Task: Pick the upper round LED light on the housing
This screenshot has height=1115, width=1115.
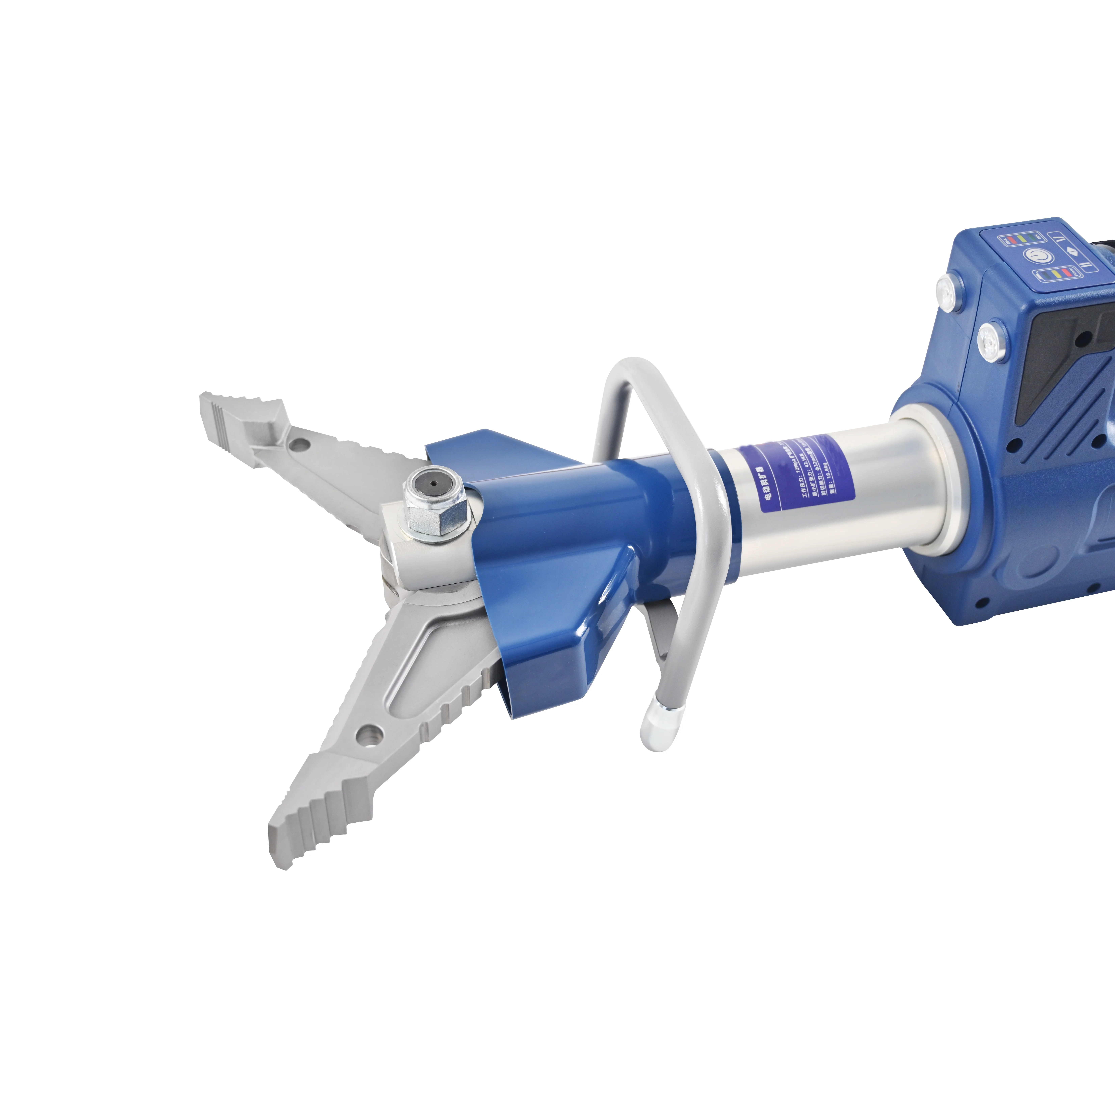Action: [947, 286]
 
